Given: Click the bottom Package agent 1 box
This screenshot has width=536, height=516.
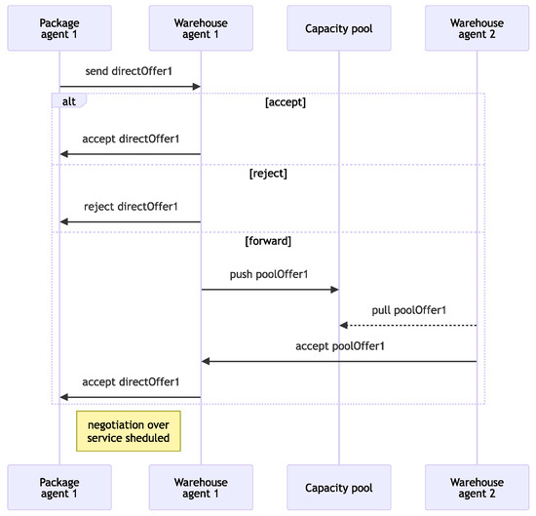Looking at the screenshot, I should pyautogui.click(x=59, y=489).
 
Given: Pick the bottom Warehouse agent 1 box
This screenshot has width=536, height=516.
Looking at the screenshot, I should pyautogui.click(x=201, y=489).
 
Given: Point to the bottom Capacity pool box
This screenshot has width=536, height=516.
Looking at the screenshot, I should pyautogui.click(x=339, y=489).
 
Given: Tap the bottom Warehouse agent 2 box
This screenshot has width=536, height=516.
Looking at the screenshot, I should pyautogui.click(x=478, y=489).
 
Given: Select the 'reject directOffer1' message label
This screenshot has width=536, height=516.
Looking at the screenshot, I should pyautogui.click(x=131, y=207).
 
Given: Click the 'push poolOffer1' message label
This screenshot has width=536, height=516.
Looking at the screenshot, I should pyautogui.click(x=270, y=275).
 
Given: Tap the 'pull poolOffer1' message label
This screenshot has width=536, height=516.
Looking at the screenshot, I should pyautogui.click(x=408, y=310).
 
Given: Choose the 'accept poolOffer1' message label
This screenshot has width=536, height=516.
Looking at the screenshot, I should pyautogui.click(x=339, y=346).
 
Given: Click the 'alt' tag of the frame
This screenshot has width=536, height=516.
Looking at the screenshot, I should pyautogui.click(x=68, y=100).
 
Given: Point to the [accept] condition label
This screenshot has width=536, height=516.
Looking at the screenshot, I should pyautogui.click(x=285, y=101).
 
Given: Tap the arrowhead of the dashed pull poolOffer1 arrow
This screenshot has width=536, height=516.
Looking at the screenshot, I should pyautogui.click(x=343, y=325).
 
